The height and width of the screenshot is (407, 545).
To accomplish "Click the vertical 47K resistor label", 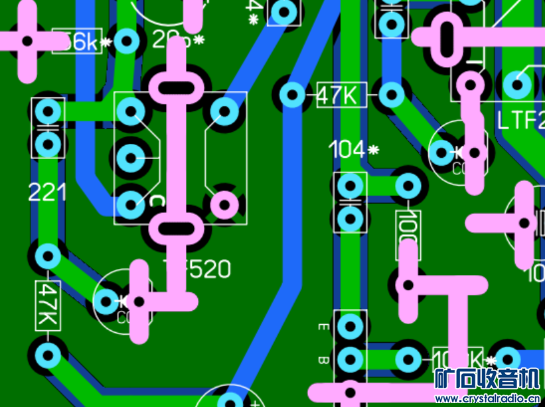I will (48, 306).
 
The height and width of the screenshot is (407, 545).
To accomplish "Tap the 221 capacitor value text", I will (47, 193).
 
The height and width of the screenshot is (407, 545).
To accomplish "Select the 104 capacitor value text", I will (347, 150).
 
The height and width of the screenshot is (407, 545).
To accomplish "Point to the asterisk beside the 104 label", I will (373, 150).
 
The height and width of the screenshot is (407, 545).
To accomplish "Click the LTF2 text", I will (520, 121).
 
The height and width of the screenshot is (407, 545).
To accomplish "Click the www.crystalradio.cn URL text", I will (490, 399).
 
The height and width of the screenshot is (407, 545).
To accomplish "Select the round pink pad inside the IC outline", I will (224, 205).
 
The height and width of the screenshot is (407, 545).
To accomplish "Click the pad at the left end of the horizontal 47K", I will (291, 94).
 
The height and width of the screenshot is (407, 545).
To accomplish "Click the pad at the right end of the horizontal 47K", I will (392, 95).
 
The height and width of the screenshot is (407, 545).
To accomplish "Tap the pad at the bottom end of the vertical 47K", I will (47, 355).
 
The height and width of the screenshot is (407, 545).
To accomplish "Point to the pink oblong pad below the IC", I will (176, 228).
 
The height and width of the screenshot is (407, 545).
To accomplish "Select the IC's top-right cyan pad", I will (224, 111).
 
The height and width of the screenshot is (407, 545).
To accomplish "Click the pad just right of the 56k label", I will (126, 41).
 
